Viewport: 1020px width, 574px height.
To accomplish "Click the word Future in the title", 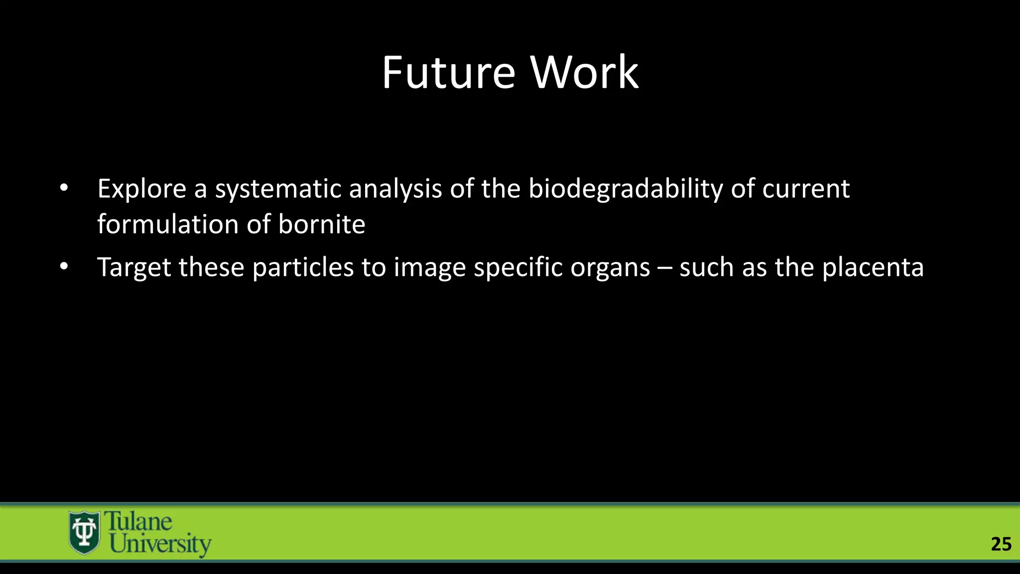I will pyautogui.click(x=448, y=73).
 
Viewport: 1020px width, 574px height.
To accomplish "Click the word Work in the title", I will pyautogui.click(x=584, y=73).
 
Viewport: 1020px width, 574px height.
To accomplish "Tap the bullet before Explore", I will pyautogui.click(x=63, y=188).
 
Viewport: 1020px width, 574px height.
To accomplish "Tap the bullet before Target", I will pyautogui.click(x=63, y=267).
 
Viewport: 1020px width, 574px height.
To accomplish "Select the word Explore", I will pyautogui.click(x=141, y=189).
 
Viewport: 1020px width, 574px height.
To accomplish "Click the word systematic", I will pyautogui.click(x=278, y=189).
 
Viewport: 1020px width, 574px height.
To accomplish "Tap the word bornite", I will pyautogui.click(x=322, y=224).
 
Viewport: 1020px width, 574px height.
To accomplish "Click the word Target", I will pyautogui.click(x=135, y=268).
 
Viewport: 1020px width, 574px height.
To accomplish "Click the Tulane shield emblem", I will pyautogui.click(x=84, y=533).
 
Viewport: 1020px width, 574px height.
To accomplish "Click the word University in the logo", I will pyautogui.click(x=160, y=544).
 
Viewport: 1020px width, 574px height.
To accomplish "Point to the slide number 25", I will pyautogui.click(x=1001, y=544).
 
